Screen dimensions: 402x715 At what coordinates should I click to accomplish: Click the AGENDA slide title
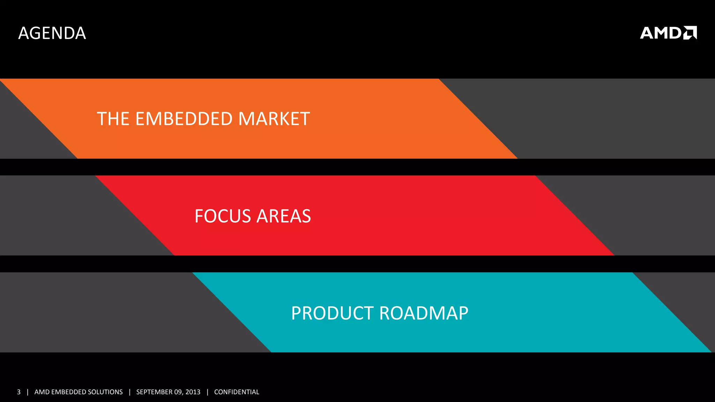pos(52,33)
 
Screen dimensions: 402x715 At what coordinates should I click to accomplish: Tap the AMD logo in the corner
pos(668,33)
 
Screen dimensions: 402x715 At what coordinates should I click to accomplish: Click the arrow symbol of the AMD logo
pos(690,33)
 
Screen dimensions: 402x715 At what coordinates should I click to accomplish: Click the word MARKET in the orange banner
pos(274,119)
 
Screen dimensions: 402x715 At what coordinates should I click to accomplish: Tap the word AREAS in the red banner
pos(284,216)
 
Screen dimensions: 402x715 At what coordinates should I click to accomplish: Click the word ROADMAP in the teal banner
pos(424,313)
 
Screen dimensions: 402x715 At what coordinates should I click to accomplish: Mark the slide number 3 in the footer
pos(19,392)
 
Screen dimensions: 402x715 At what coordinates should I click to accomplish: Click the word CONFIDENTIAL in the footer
pos(237,392)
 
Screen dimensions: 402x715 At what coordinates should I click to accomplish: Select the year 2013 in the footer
pos(193,392)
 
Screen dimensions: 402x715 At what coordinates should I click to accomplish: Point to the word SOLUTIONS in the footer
pos(105,392)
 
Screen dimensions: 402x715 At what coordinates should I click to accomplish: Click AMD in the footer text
pos(42,392)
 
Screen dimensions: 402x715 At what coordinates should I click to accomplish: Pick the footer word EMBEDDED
pos(68,392)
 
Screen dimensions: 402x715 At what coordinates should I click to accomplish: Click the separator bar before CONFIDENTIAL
pos(207,392)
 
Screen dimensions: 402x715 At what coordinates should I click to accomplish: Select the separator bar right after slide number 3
pos(28,392)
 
